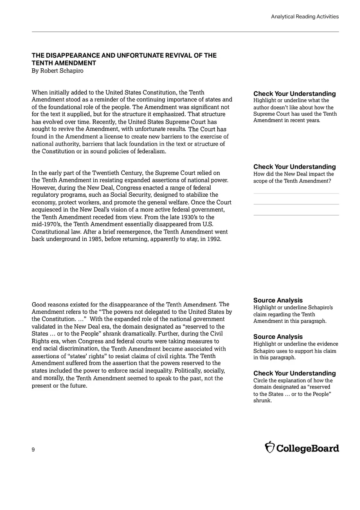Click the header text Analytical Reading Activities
[x=305, y=17]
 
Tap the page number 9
[x=33, y=449]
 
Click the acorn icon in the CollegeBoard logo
[x=270, y=447]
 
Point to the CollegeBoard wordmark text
[x=308, y=448]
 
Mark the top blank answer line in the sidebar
[x=296, y=193]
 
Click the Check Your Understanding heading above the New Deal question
[x=295, y=167]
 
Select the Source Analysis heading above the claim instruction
[x=278, y=301]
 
